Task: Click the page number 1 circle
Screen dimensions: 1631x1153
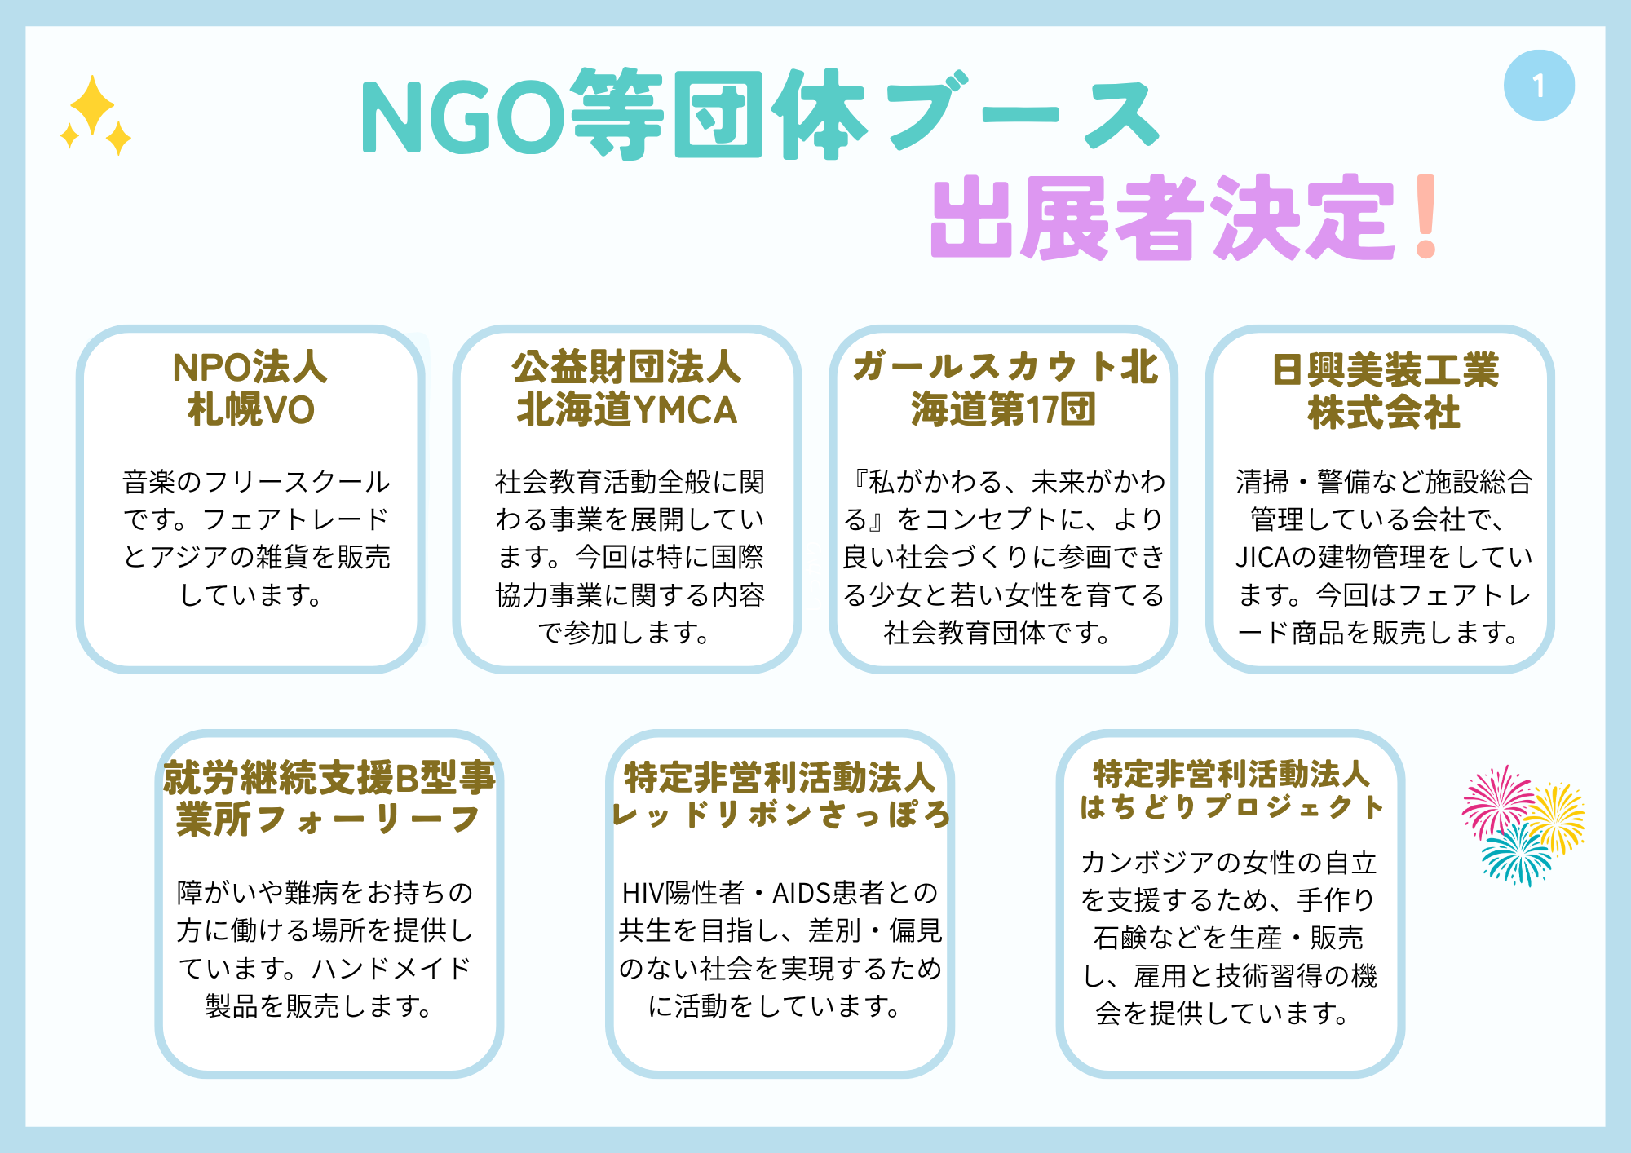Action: pyautogui.click(x=1539, y=86)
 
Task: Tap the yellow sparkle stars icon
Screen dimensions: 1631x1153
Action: pyautogui.click(x=95, y=115)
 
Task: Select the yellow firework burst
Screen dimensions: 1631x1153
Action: pyautogui.click(x=1554, y=818)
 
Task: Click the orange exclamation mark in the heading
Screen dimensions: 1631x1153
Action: pyautogui.click(x=1426, y=217)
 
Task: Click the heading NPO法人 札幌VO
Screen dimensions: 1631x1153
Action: pyautogui.click(x=250, y=389)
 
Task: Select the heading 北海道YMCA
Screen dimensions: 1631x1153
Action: pyautogui.click(x=626, y=410)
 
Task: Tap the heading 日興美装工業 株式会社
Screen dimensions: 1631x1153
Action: pyautogui.click(x=1385, y=391)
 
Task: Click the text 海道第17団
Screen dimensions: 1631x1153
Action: pyautogui.click(x=1003, y=409)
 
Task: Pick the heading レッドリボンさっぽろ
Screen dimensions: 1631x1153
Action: pyautogui.click(x=781, y=815)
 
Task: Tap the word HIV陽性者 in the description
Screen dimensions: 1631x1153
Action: pyautogui.click(x=683, y=893)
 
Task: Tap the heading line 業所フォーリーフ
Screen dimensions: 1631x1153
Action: pyautogui.click(x=328, y=819)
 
